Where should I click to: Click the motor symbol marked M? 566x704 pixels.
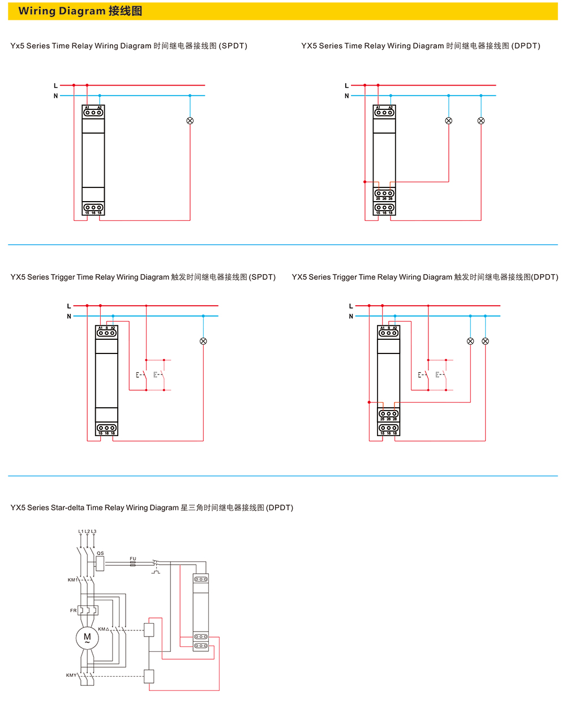click(x=87, y=638)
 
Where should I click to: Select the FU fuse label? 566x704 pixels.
click(x=133, y=559)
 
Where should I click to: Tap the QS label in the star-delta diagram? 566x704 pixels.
click(x=100, y=553)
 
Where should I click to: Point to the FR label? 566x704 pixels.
click(x=73, y=611)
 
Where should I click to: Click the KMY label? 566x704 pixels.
click(x=71, y=675)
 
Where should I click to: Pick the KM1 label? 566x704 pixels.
click(x=72, y=580)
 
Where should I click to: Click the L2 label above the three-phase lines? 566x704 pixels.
click(x=87, y=532)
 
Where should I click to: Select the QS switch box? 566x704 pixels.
click(x=100, y=564)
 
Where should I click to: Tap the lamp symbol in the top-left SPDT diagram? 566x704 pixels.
click(x=190, y=121)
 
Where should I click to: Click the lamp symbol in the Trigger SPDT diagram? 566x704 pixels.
click(x=203, y=341)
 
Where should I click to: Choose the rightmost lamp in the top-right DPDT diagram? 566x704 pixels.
click(x=481, y=121)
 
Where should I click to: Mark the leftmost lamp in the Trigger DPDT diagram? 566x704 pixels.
click(x=470, y=341)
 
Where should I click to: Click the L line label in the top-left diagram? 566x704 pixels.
click(x=55, y=86)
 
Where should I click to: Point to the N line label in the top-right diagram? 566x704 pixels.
click(x=347, y=96)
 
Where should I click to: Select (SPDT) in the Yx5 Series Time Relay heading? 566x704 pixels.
click(x=233, y=46)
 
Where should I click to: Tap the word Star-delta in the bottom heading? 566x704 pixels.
click(x=67, y=508)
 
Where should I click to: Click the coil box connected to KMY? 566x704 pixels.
click(x=149, y=676)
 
